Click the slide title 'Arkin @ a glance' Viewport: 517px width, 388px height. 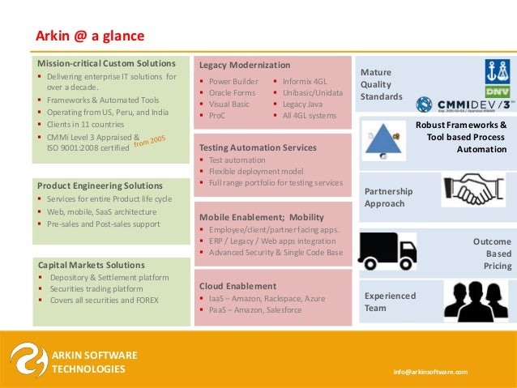(x=89, y=36)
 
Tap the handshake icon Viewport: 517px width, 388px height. (x=472, y=190)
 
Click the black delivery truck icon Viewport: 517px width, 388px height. (x=387, y=250)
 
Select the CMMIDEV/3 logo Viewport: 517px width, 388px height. (x=461, y=104)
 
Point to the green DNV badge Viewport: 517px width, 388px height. (x=497, y=92)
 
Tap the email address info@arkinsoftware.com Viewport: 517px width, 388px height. (x=430, y=371)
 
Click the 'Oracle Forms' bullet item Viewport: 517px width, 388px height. (x=233, y=93)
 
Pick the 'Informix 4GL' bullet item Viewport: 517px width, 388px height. (x=305, y=81)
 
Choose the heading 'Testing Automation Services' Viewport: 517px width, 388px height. (x=258, y=148)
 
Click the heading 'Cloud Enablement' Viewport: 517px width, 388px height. (x=237, y=286)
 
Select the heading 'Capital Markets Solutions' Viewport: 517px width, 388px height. (x=92, y=265)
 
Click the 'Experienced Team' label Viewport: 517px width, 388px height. (x=390, y=301)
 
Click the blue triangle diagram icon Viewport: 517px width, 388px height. (x=377, y=139)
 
